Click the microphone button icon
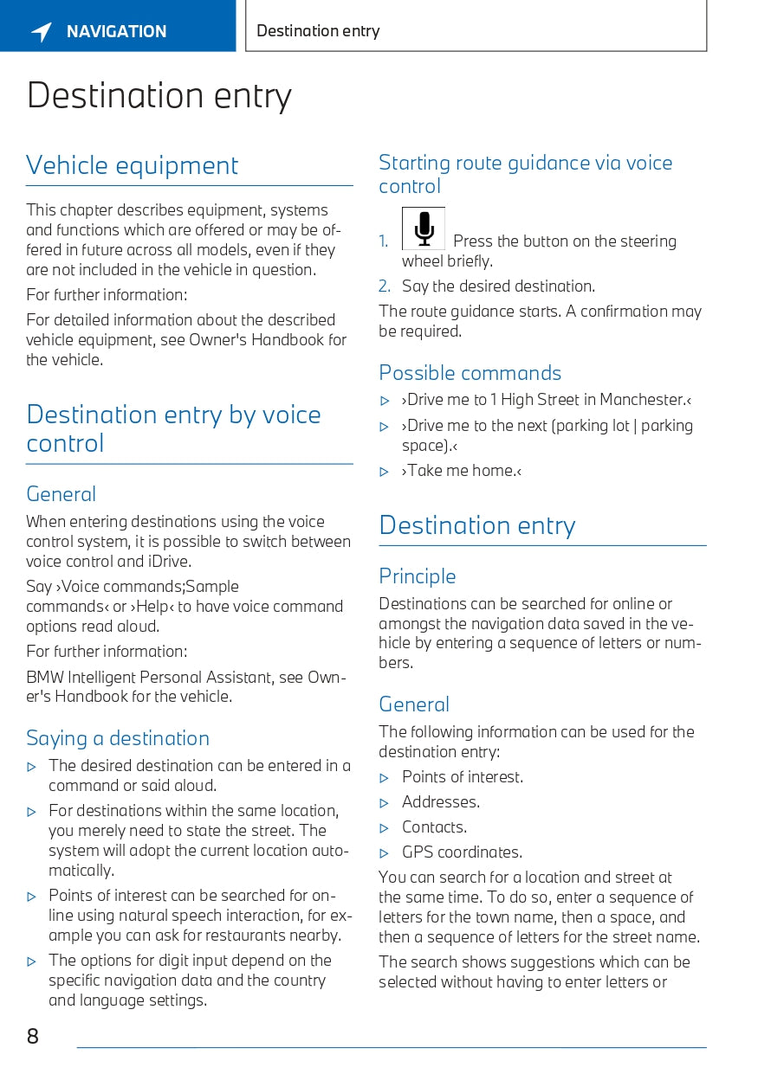pyautogui.click(x=424, y=228)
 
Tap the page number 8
pyautogui.click(x=33, y=1036)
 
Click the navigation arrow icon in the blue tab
pyautogui.click(x=42, y=32)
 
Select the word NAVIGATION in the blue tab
pyautogui.click(x=116, y=32)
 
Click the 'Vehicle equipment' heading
pyautogui.click(x=132, y=165)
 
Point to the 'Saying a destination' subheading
pyautogui.click(x=118, y=738)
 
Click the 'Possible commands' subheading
pyautogui.click(x=470, y=373)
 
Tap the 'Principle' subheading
pyautogui.click(x=417, y=576)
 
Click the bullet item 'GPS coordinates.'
pyautogui.click(x=462, y=852)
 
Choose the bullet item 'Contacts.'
pyautogui.click(x=434, y=827)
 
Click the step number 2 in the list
pyautogui.click(x=385, y=286)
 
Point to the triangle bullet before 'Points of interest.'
pyautogui.click(x=385, y=778)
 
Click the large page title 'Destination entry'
pyautogui.click(x=159, y=95)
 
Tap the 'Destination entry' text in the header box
pyautogui.click(x=318, y=31)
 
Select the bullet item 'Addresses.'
pyautogui.click(x=440, y=802)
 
